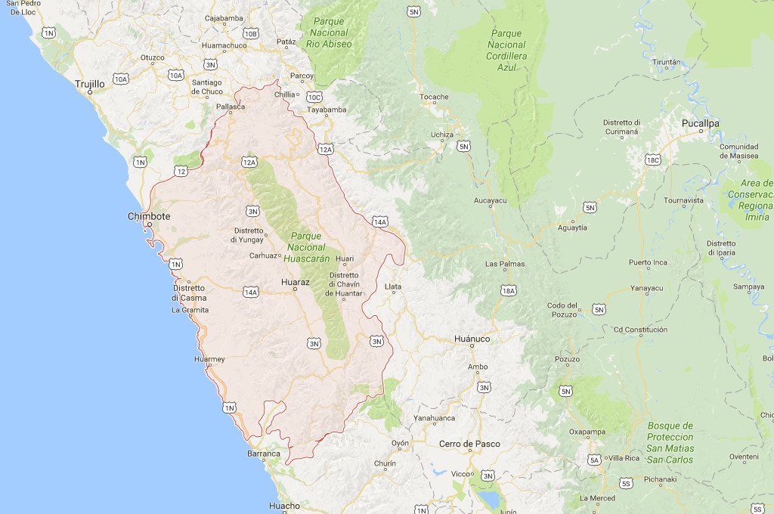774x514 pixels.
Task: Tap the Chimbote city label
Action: tap(149, 216)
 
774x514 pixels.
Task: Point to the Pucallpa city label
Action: tap(700, 122)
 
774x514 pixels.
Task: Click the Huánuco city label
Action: tap(472, 339)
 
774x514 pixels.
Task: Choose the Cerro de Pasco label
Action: tap(469, 443)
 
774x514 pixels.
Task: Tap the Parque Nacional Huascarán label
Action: tap(308, 247)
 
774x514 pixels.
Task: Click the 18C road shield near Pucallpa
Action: tap(653, 160)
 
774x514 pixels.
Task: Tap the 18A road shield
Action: tap(508, 291)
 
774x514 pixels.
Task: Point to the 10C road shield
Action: tap(314, 97)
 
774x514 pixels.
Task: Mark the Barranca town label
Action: tap(264, 454)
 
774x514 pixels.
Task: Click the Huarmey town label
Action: tap(209, 359)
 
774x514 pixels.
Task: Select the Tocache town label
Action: tap(435, 97)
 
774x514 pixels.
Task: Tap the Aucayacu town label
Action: tap(490, 200)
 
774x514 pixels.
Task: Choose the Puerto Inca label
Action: tap(648, 262)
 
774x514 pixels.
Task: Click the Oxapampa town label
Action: tap(588, 432)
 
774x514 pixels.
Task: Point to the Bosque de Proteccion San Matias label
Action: tap(670, 438)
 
